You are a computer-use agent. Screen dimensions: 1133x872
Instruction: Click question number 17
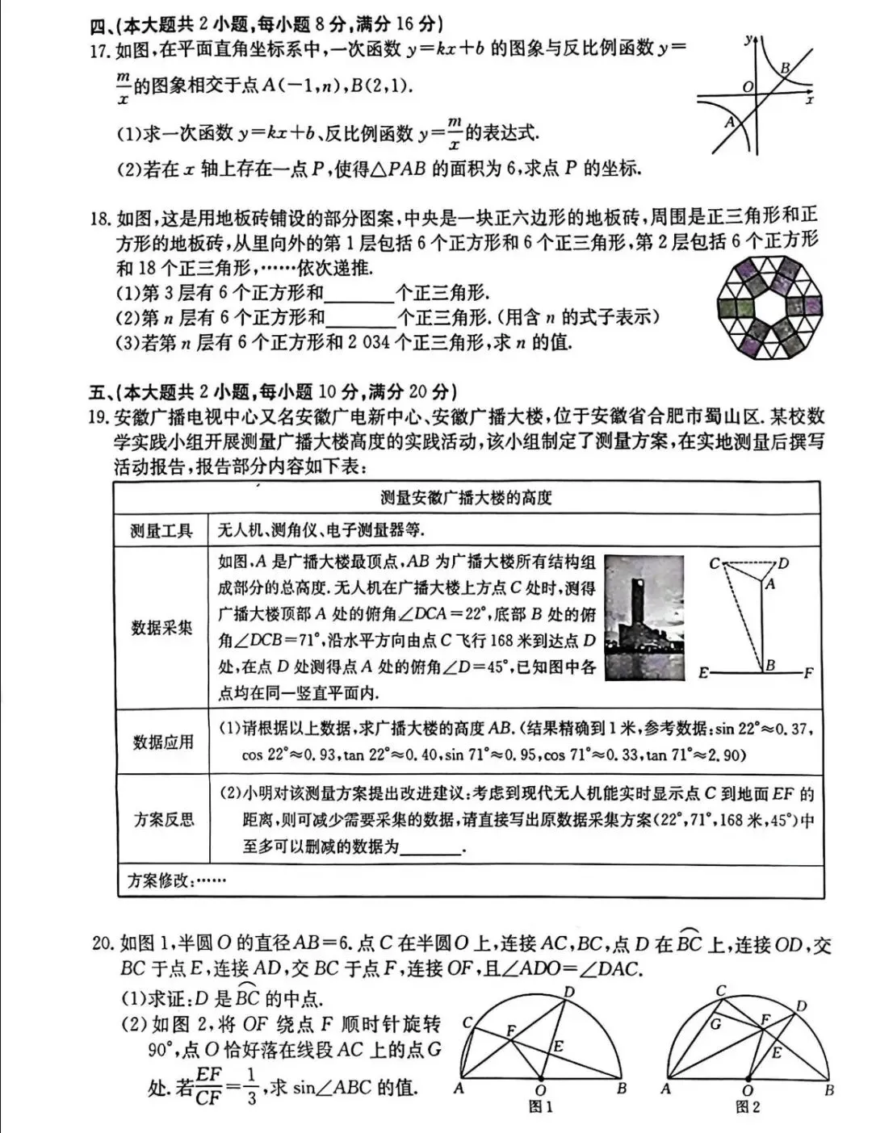pos(99,51)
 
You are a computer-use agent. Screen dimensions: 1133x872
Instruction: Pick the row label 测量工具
pos(161,530)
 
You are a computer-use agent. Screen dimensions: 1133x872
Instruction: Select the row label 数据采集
pos(161,627)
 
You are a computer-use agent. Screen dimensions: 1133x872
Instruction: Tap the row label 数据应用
pos(162,742)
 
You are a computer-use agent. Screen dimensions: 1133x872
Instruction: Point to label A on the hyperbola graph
pos(729,122)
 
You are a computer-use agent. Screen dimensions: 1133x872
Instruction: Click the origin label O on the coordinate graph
pos(748,86)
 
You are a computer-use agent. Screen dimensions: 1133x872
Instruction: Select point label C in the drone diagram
pos(714,562)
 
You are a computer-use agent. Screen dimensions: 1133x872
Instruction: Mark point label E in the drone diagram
pos(703,672)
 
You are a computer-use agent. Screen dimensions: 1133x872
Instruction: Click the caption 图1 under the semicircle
pos(540,1107)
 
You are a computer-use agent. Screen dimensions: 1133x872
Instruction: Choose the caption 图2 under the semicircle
pos(748,1107)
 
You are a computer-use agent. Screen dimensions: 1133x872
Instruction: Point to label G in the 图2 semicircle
pos(715,1024)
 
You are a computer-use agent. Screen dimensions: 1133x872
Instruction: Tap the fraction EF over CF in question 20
pos(208,1086)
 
